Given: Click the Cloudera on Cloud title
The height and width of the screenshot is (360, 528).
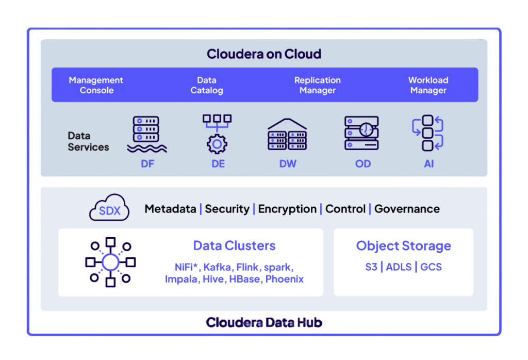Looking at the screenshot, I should [x=263, y=54].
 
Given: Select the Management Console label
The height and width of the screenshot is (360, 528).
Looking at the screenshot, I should [x=96, y=85].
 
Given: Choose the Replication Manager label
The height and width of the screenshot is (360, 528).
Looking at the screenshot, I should [x=318, y=85].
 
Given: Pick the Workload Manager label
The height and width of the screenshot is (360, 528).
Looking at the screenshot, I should [x=428, y=85].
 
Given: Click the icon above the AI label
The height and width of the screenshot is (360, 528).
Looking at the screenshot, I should [x=428, y=133].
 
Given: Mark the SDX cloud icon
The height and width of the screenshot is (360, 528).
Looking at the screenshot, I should [x=109, y=208].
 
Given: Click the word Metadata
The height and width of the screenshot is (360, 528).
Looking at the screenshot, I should [x=170, y=209].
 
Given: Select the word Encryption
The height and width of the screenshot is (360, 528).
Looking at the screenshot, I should [x=287, y=209].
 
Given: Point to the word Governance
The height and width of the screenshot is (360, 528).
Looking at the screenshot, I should [x=407, y=209].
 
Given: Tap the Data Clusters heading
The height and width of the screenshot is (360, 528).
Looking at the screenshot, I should [x=234, y=246].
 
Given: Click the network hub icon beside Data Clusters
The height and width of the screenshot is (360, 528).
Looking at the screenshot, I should [x=110, y=262].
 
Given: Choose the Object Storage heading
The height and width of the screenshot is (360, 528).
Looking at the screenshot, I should [x=403, y=246].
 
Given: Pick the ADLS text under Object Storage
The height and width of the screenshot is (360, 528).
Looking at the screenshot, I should [x=400, y=267].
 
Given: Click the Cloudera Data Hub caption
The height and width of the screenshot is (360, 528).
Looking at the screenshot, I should [x=264, y=323].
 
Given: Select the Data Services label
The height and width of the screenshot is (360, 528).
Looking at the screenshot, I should [x=88, y=141].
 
